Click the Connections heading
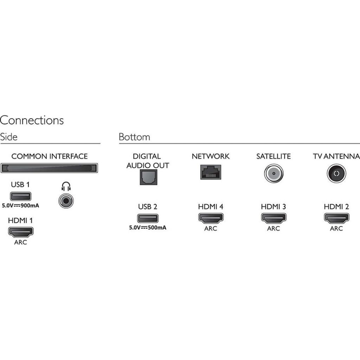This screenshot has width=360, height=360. pyautogui.click(x=32, y=120)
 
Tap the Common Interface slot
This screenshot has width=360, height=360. pyautogui.click(x=49, y=168)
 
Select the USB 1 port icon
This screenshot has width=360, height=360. pyautogui.click(x=21, y=196)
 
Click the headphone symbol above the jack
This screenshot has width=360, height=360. pyautogui.click(x=66, y=186)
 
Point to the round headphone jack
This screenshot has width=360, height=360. pyautogui.click(x=66, y=201)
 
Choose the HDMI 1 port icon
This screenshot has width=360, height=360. pyautogui.click(x=21, y=232)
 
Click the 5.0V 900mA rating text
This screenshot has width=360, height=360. pyautogui.click(x=20, y=206)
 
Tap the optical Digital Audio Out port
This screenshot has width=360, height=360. pyautogui.click(x=149, y=178)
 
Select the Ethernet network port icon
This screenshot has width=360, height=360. pyautogui.click(x=211, y=172)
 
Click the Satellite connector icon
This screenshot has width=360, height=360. pyautogui.click(x=274, y=173)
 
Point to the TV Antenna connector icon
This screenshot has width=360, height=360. pyautogui.click(x=336, y=173)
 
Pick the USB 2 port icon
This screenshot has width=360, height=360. pyautogui.click(x=148, y=218)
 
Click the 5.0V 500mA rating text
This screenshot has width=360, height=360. pyautogui.click(x=148, y=228)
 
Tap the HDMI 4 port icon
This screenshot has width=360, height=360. pyautogui.click(x=211, y=218)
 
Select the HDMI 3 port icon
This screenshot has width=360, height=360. pyautogui.click(x=274, y=218)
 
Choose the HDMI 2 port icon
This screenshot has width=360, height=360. pyautogui.click(x=336, y=218)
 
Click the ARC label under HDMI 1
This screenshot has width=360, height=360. pyautogui.click(x=21, y=242)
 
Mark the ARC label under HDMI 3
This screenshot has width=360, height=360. pyautogui.click(x=274, y=229)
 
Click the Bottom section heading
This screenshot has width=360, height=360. pyautogui.click(x=134, y=137)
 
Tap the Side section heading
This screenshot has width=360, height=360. pyautogui.click(x=9, y=137)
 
